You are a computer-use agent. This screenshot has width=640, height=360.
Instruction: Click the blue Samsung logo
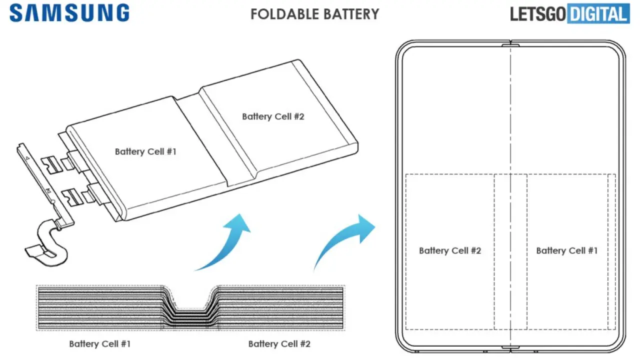69,13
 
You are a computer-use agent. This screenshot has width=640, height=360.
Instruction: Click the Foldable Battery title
315,14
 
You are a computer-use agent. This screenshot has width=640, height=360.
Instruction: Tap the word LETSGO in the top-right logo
537,14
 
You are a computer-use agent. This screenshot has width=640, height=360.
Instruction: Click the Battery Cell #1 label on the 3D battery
145,151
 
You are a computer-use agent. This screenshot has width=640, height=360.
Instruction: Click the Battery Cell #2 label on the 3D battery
273,116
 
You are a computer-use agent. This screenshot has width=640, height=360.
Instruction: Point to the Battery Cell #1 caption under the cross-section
100,343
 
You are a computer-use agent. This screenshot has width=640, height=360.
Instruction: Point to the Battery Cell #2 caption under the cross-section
279,343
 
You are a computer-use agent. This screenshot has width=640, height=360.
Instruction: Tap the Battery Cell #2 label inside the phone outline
450,250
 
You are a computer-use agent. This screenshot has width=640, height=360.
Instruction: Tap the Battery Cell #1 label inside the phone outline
567,250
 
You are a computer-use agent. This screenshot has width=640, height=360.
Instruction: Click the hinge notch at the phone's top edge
510,45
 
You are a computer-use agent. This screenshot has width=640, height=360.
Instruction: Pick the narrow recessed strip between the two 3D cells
215,140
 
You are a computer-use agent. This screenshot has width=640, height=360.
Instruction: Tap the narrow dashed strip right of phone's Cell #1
611,251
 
